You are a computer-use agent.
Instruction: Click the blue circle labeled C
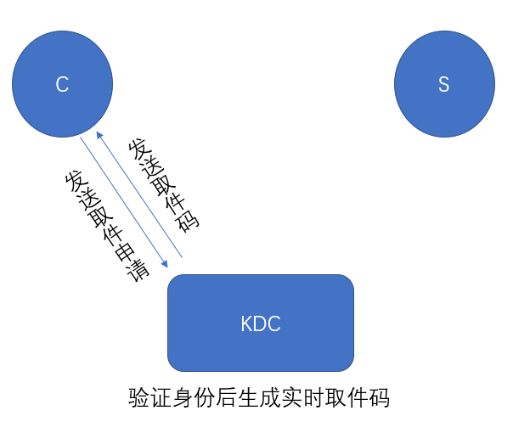coord(62,83)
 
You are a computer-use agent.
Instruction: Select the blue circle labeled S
coord(443,83)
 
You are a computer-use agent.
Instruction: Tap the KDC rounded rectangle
coord(260,323)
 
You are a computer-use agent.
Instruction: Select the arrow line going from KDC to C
coord(140,194)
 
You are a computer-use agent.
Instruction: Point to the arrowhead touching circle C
coord(98,135)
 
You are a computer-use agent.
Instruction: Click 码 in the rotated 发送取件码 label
coord(189,219)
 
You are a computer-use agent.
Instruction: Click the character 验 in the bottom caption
coord(138,398)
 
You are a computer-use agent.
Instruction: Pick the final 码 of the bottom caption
coord(381,398)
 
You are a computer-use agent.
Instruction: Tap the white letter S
coord(443,84)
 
